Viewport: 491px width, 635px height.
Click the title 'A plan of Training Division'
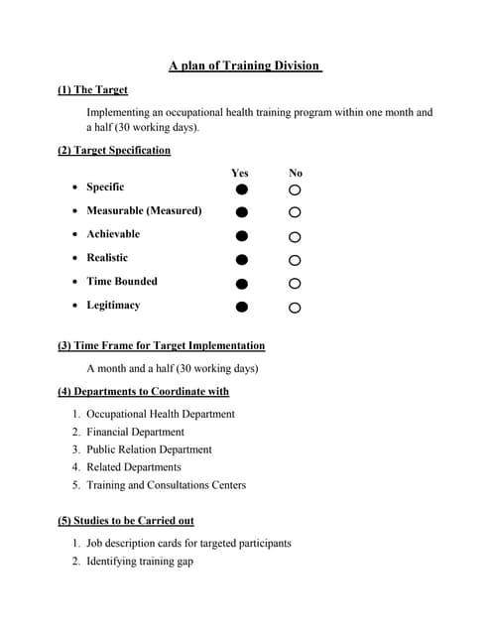[x=245, y=65]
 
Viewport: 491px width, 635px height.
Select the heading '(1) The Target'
[x=93, y=89]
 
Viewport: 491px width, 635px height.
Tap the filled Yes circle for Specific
[x=241, y=189]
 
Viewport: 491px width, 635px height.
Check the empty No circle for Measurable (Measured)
[x=295, y=212]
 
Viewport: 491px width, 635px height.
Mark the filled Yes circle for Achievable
[x=241, y=236]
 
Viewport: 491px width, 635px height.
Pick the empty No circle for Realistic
[x=295, y=260]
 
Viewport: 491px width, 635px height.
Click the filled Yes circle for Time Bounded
[x=241, y=284]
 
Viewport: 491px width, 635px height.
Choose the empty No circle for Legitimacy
[x=295, y=308]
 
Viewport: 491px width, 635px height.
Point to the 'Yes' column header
[x=240, y=173]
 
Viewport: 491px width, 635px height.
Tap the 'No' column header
[x=296, y=173]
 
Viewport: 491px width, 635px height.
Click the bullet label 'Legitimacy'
[x=113, y=305]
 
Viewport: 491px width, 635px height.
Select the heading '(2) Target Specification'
[x=114, y=150]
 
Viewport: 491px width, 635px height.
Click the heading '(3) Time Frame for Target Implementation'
[x=162, y=345]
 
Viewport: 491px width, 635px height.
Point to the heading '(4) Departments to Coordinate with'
[x=144, y=391]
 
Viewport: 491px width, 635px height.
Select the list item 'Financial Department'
[x=135, y=432]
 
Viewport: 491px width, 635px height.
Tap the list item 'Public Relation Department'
[x=149, y=449]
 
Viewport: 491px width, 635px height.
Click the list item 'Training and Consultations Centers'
[x=166, y=485]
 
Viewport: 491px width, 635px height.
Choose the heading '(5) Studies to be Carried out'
[x=126, y=520]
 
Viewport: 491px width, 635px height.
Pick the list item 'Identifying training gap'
[x=139, y=561]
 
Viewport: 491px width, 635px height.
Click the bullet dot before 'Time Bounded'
[x=76, y=282]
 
